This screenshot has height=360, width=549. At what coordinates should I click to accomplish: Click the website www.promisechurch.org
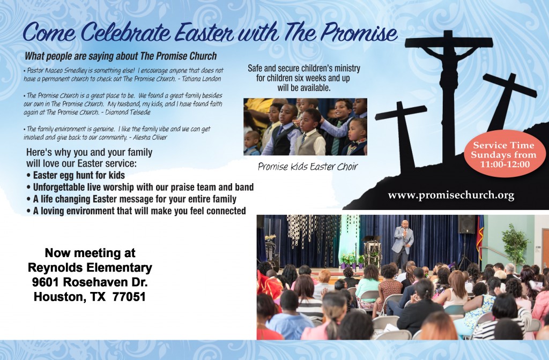tap(451, 195)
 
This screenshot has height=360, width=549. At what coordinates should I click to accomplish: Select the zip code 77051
tap(129, 295)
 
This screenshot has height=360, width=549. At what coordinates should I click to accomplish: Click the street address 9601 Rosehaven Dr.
tap(90, 281)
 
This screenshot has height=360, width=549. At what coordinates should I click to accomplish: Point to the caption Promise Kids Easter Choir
tap(307, 167)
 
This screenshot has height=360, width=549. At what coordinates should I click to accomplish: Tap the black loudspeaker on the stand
tap(466, 224)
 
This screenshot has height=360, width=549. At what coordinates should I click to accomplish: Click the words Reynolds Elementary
tap(90, 267)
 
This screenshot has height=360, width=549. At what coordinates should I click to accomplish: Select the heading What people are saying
tap(121, 56)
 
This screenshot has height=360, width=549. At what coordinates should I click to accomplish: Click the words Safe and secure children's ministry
tap(304, 69)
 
